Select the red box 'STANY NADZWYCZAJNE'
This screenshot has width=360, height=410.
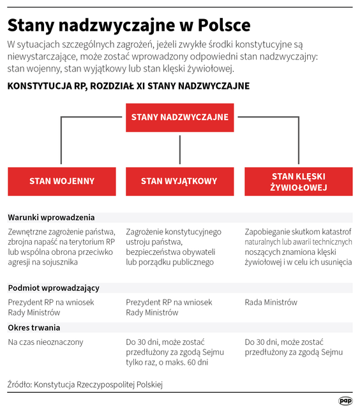[179, 118]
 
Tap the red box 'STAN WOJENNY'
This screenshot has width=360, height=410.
[61, 181]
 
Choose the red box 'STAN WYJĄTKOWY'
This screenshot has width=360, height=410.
[179, 181]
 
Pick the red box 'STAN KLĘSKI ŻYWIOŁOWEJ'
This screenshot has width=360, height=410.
[298, 181]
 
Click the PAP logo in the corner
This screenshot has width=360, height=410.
[345, 400]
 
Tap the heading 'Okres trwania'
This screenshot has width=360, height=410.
[34, 328]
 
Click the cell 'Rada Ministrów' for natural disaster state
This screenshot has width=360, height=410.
[271, 302]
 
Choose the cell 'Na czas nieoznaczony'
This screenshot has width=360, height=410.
[45, 342]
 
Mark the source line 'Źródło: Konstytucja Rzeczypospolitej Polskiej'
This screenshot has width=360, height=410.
[86, 384]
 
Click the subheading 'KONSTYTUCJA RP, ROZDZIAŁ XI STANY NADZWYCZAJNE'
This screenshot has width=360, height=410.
[128, 86]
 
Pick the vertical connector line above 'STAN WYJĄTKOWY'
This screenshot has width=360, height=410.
[179, 149]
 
